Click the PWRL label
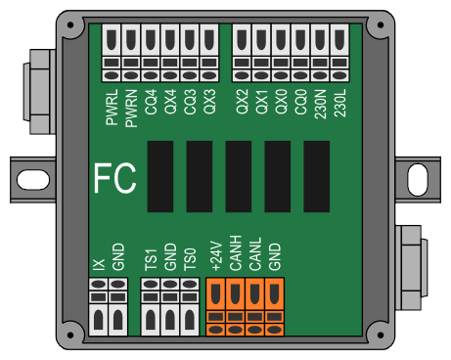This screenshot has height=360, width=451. pos(112,108)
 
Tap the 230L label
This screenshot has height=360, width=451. pos(339,104)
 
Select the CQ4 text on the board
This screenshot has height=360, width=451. pos(151,102)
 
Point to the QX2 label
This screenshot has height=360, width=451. pos(242,102)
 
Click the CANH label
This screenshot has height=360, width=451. pos(236,253)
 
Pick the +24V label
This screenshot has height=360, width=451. pos(216,256)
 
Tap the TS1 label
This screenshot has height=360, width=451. pos(151,260)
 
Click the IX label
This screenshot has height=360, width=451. pos(99,264)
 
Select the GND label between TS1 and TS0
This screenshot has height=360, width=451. pos(170,256)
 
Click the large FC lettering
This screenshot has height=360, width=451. pos(114,178)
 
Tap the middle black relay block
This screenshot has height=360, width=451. pos(239,177)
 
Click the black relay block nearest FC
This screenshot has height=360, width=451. pos(160,177)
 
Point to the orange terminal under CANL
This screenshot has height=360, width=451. pos(255,307)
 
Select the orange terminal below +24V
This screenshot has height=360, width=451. pos(216,307)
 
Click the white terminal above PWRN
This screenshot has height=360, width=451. pos(131,53)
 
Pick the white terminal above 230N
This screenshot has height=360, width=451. pos(320,53)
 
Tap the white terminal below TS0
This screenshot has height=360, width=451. pos(190,307)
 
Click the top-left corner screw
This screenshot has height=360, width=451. pos(70,25)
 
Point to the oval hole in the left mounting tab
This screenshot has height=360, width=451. pos(33,180)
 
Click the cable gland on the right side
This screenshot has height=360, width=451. pos(412,267)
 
